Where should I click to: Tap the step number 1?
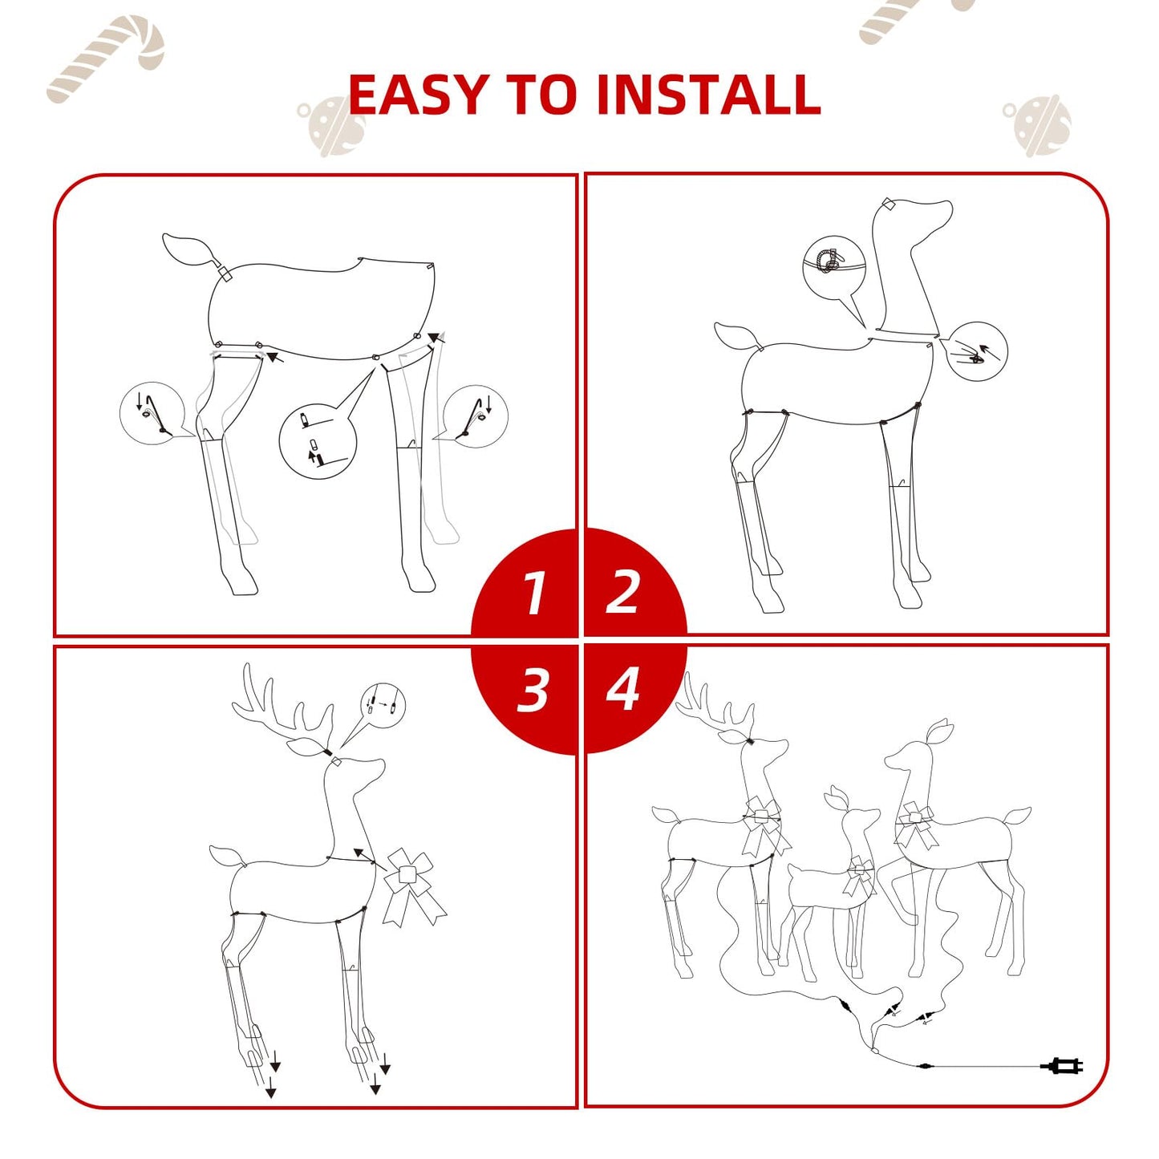(x=533, y=593)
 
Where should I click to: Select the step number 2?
(x=622, y=593)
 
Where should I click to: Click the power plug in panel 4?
(x=1063, y=1066)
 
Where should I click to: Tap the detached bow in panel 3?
(x=412, y=887)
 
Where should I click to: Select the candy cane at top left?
(x=106, y=59)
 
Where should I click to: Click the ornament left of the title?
(x=331, y=124)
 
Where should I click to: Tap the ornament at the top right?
(x=1039, y=124)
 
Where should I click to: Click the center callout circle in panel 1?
(x=318, y=442)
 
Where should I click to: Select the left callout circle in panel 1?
(x=152, y=414)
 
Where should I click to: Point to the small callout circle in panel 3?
(x=383, y=706)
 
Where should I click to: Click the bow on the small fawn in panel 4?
(x=859, y=876)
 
